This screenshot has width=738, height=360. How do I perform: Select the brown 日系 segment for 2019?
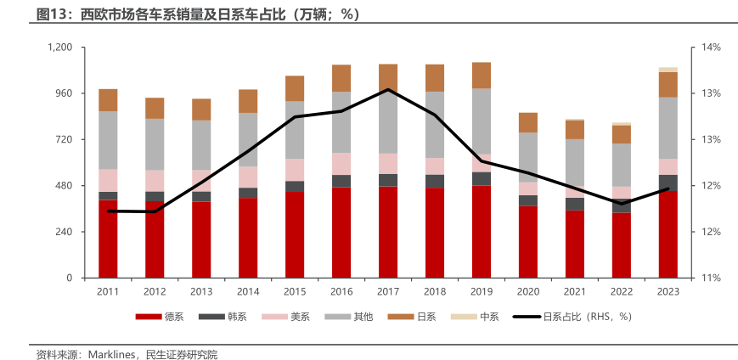(x=482, y=76)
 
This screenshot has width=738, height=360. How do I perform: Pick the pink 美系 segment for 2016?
(x=341, y=164)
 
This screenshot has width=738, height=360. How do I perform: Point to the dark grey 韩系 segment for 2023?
(x=668, y=183)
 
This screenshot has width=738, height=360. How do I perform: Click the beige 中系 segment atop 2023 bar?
(x=668, y=70)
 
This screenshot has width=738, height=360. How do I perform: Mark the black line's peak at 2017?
(x=388, y=89)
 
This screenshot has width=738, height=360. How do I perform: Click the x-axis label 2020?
(x=528, y=291)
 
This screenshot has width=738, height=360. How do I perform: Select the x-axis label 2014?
(x=248, y=291)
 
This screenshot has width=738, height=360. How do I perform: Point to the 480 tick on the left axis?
(x=65, y=186)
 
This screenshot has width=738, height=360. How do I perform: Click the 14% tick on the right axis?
(x=710, y=48)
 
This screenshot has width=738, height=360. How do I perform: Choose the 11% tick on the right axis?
(x=710, y=278)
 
